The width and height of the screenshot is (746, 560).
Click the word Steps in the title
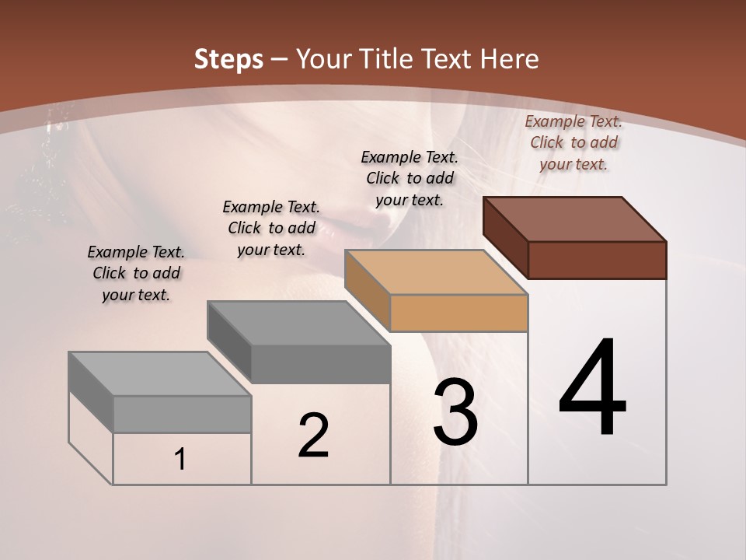(x=228, y=59)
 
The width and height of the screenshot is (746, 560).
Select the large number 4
(x=592, y=389)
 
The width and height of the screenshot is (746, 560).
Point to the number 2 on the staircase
(x=313, y=436)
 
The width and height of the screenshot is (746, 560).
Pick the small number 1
(x=180, y=460)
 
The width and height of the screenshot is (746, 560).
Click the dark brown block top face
(x=575, y=219)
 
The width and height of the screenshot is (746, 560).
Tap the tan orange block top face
(x=436, y=272)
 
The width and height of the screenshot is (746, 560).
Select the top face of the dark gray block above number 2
(x=298, y=323)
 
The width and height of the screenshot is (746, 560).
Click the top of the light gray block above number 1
(x=160, y=373)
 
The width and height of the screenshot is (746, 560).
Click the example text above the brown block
(x=573, y=142)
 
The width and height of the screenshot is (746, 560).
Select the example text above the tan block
(x=410, y=178)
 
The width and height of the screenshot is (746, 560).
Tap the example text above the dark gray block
(x=271, y=228)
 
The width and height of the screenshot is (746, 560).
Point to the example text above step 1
(x=136, y=273)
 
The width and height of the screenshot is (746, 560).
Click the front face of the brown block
(x=597, y=260)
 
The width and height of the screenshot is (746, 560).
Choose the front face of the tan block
(x=458, y=313)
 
